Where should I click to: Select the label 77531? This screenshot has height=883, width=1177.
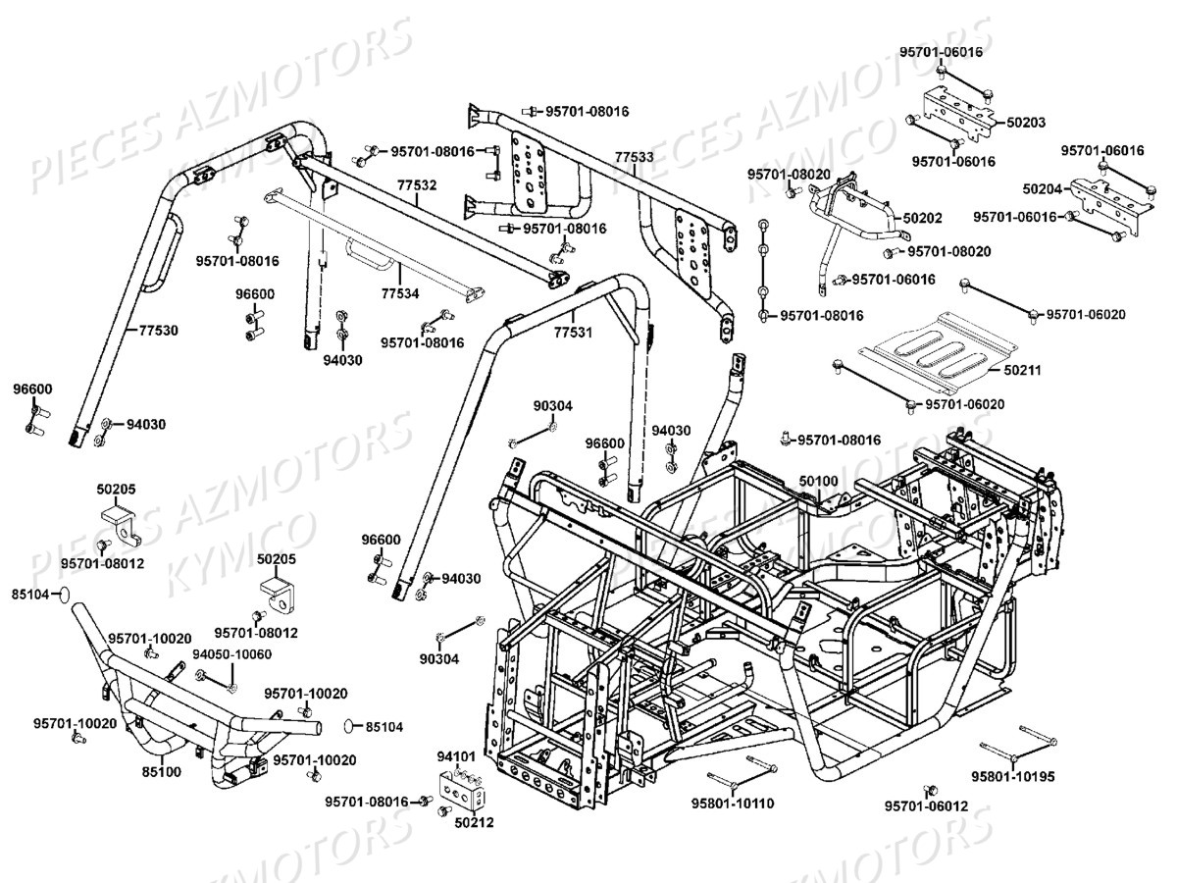(x=573, y=333)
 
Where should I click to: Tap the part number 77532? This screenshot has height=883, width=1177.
(x=417, y=183)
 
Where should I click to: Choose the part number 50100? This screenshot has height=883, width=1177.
(x=818, y=481)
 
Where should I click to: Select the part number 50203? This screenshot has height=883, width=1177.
(x=1026, y=123)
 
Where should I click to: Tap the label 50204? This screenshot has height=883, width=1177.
(x=1042, y=186)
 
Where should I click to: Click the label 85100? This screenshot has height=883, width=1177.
(x=161, y=771)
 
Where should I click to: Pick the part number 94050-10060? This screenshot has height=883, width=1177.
(x=231, y=654)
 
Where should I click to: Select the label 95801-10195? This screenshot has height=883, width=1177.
(x=1013, y=775)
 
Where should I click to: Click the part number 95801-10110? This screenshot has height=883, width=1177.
(x=734, y=804)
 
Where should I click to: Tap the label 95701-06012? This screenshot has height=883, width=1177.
(x=926, y=805)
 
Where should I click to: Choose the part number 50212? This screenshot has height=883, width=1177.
(x=474, y=822)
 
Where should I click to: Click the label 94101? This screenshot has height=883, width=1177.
(x=456, y=756)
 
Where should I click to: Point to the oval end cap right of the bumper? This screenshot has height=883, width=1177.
(x=351, y=726)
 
